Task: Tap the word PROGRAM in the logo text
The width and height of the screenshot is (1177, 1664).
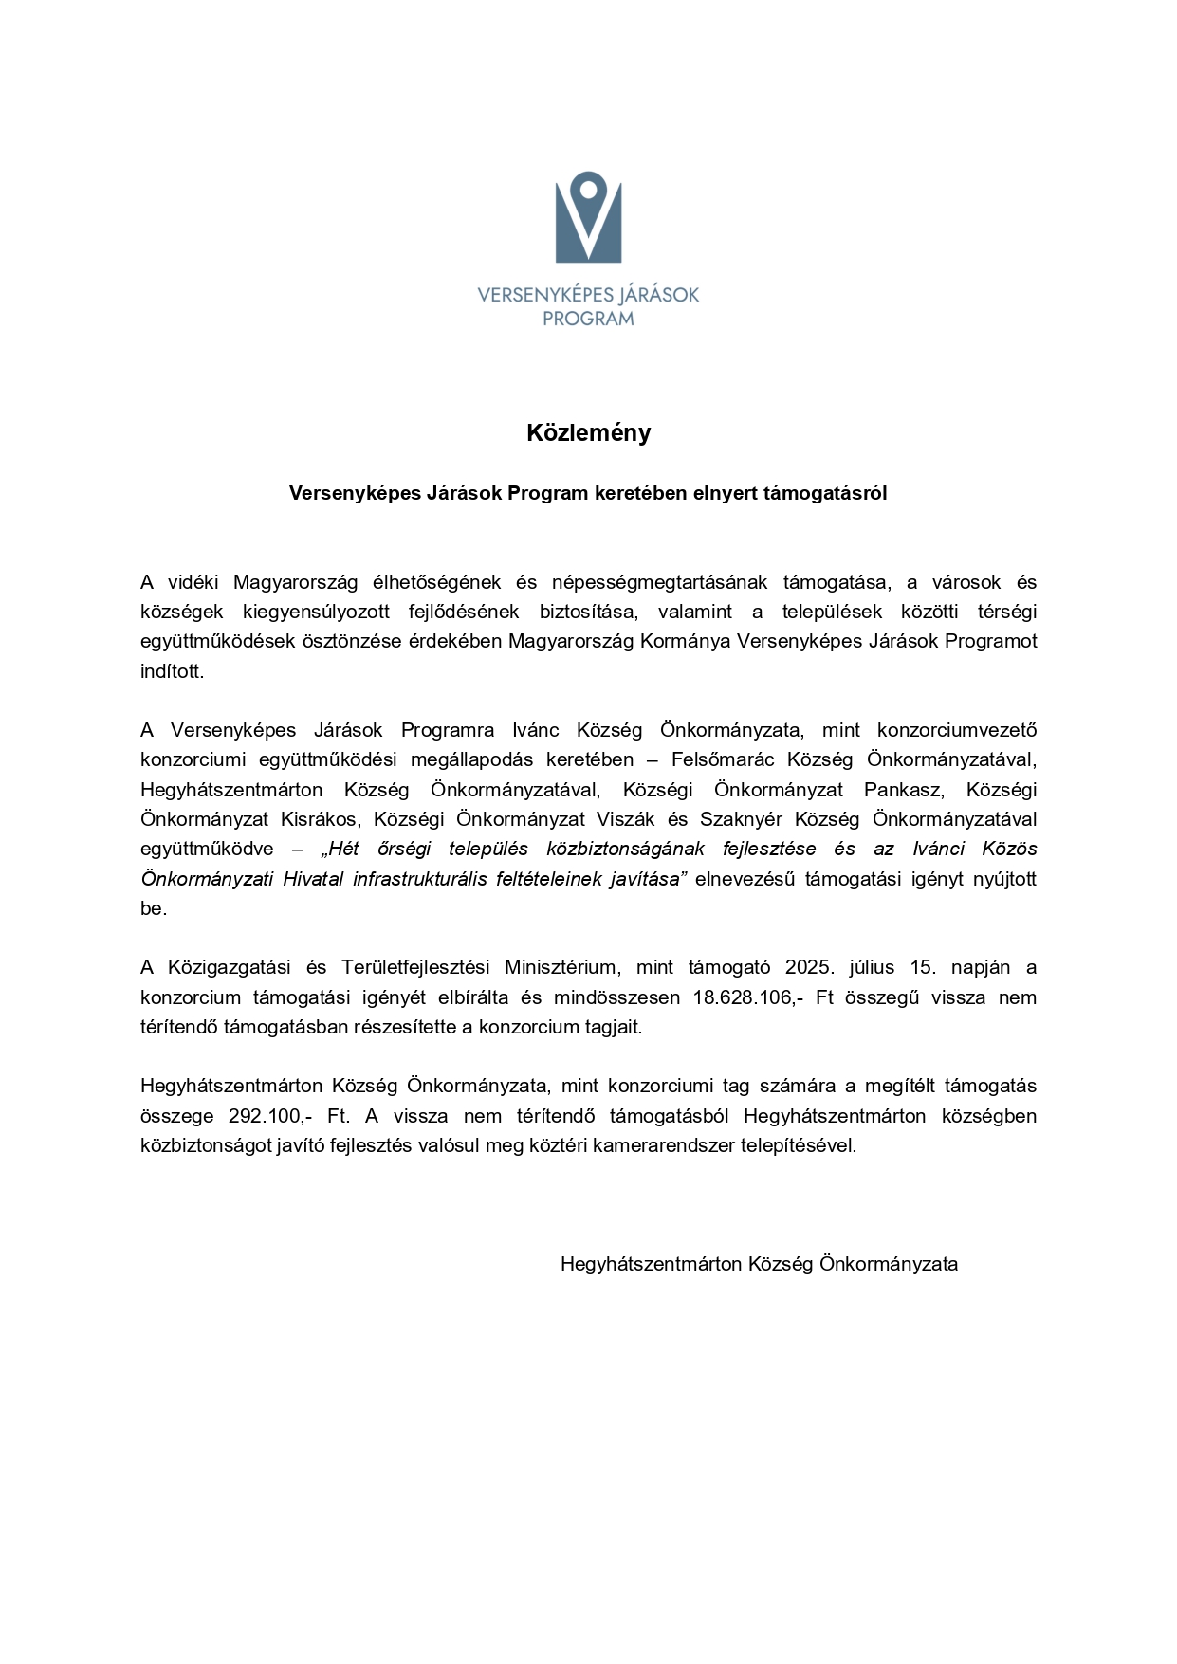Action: (x=588, y=320)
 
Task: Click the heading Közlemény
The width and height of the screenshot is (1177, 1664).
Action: (x=588, y=433)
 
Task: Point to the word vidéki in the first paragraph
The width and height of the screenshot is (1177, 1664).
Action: (x=193, y=582)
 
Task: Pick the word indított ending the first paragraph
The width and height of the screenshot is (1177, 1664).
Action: (x=172, y=671)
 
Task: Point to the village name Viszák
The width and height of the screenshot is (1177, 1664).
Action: (x=625, y=819)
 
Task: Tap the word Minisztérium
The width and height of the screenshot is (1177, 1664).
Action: (x=561, y=967)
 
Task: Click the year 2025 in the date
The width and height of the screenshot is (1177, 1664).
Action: (x=810, y=967)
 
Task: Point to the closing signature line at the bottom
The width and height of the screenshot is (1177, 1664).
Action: (x=759, y=1264)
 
